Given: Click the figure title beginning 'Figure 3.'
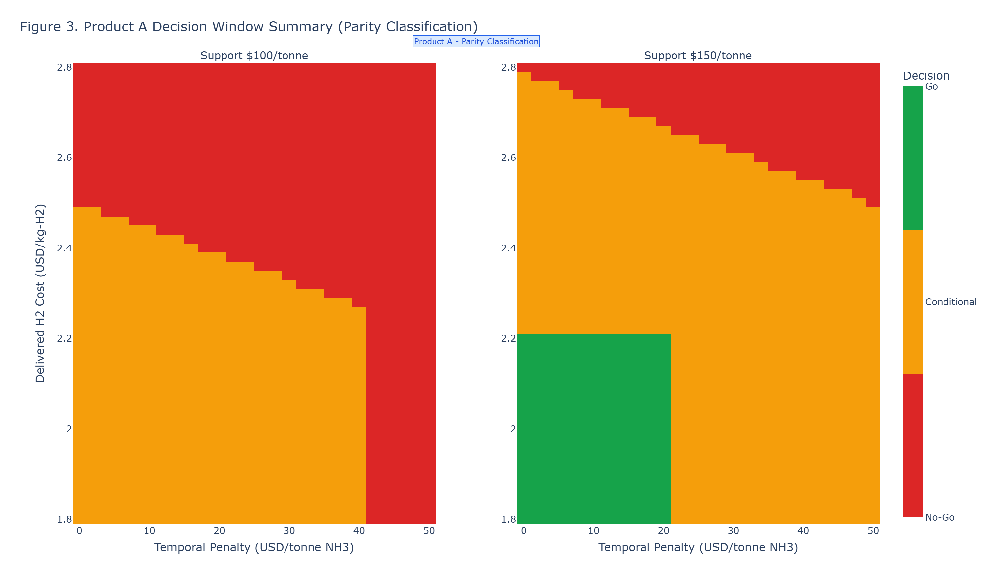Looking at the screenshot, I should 249,27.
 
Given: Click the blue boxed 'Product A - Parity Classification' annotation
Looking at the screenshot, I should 476,41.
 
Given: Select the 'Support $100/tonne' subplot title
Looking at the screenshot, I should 254,56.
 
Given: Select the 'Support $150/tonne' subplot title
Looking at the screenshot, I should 698,56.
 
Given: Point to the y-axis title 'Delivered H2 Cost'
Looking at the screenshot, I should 40,293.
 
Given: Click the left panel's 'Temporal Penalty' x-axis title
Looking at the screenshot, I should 254,547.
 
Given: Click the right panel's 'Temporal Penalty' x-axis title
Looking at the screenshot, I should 698,547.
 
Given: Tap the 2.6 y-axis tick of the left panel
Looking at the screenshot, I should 64,158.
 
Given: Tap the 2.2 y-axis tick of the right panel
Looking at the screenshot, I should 508,338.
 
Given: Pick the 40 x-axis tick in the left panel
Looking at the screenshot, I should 359,531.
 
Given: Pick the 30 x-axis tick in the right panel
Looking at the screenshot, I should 733,531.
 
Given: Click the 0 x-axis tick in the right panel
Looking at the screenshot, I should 524,531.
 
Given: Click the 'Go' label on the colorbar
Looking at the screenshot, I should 931,87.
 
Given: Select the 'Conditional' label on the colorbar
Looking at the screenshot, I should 950,302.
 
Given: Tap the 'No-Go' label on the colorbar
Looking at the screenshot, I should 940,517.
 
